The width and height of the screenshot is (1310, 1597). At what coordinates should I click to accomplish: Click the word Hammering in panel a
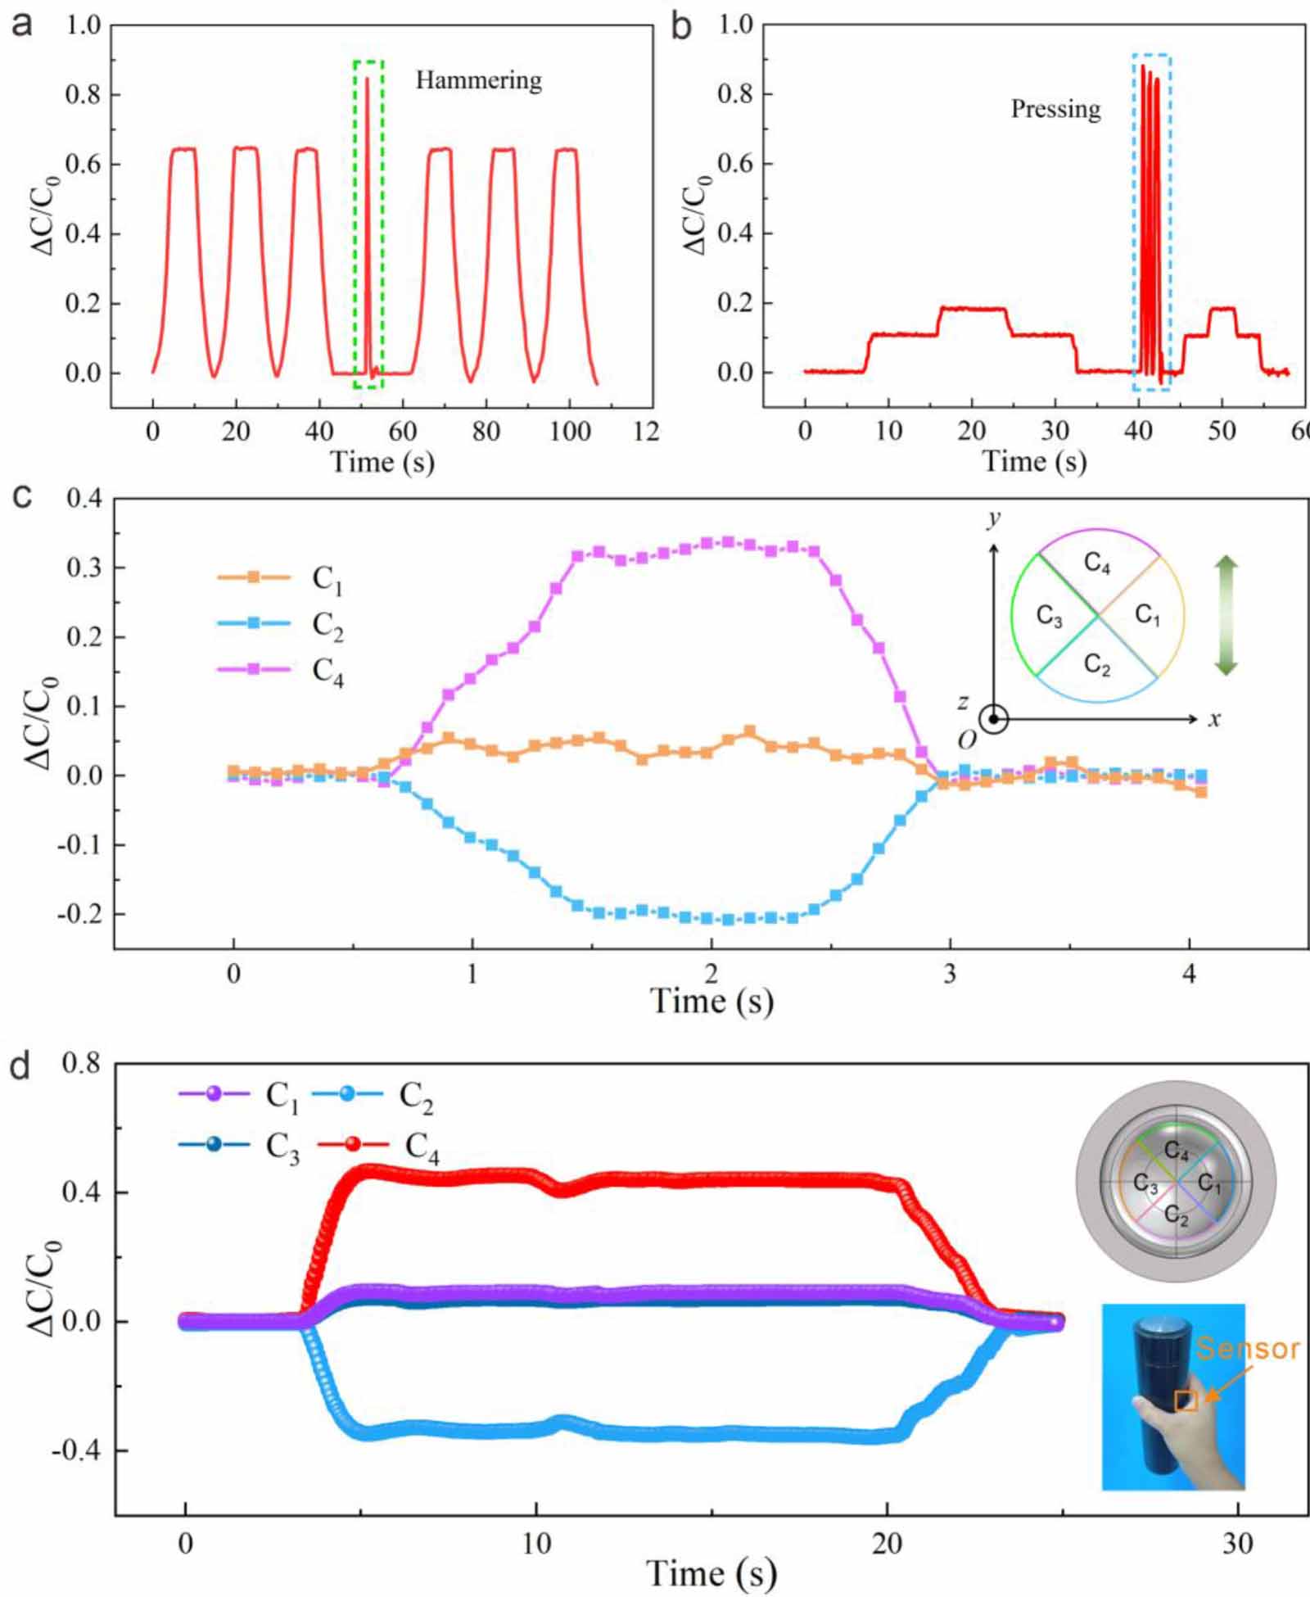tap(478, 80)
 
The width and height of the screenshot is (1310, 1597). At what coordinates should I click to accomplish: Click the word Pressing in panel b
tap(1055, 109)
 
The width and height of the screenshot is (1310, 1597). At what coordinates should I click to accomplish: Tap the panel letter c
tap(22, 495)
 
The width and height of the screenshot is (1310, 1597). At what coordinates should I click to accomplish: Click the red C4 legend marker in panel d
tap(355, 1143)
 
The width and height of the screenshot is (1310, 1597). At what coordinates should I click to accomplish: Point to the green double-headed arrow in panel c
tap(1226, 615)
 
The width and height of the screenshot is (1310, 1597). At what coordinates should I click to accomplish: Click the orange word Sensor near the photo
tap(1247, 1349)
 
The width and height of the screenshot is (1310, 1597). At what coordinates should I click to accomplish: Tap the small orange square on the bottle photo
tap(1186, 1400)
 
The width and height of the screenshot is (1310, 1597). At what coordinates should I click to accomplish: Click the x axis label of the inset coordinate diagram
tap(1214, 719)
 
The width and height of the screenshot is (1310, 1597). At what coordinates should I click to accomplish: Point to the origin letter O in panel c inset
tap(967, 740)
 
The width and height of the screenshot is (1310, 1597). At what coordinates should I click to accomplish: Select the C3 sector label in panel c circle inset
tap(1049, 615)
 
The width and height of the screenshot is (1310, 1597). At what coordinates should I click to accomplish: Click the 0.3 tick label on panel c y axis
tap(84, 568)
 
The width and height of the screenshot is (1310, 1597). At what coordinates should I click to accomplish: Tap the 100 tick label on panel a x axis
tap(568, 432)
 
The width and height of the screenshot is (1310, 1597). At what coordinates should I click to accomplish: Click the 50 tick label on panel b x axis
tap(1221, 431)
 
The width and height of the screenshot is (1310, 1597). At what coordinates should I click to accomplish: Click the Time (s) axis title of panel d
tap(711, 1573)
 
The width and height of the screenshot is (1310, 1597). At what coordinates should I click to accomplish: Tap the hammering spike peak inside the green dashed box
tap(368, 79)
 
